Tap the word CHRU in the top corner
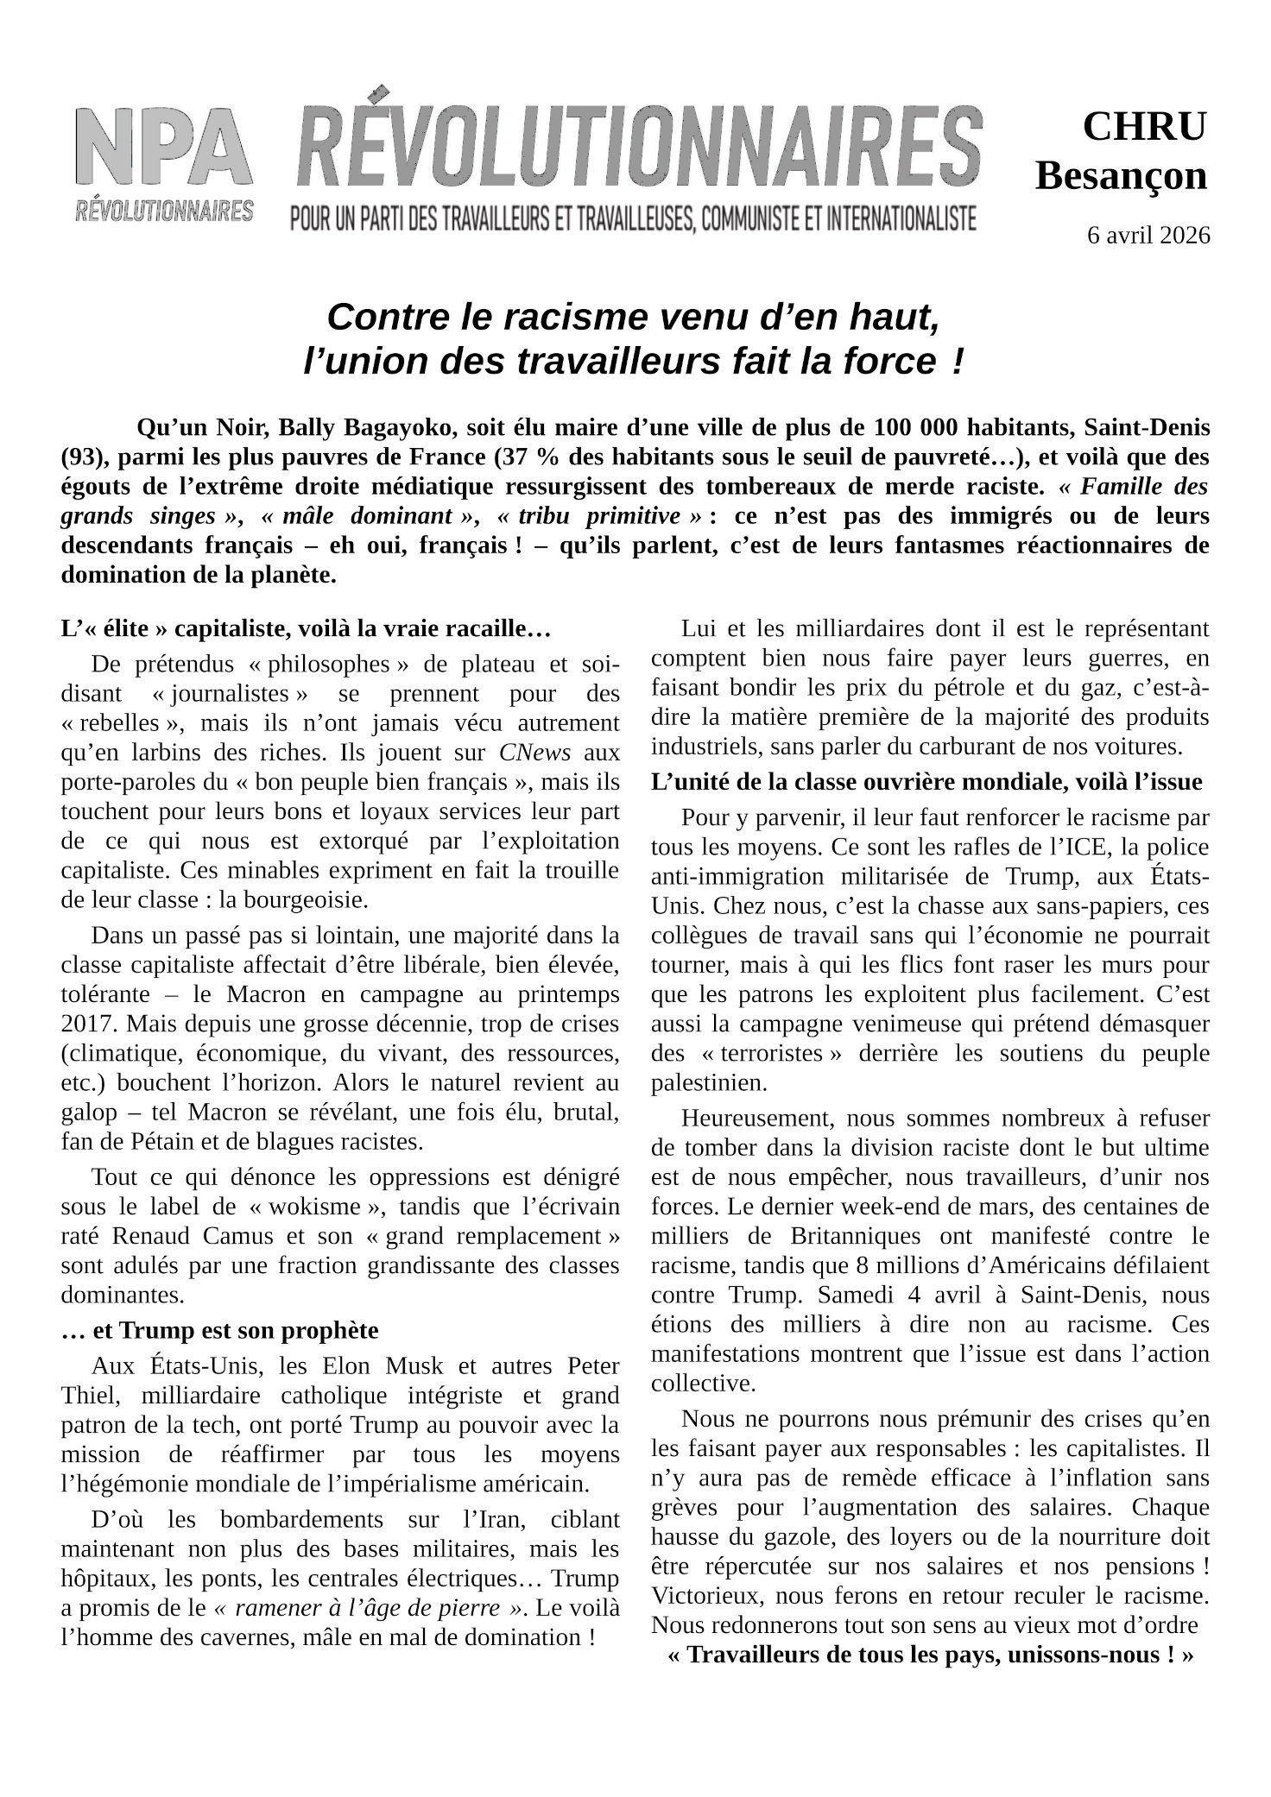click(x=1144, y=127)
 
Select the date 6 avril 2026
click(x=1148, y=235)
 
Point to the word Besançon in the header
click(x=1121, y=177)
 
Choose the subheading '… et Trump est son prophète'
click(x=220, y=1330)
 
